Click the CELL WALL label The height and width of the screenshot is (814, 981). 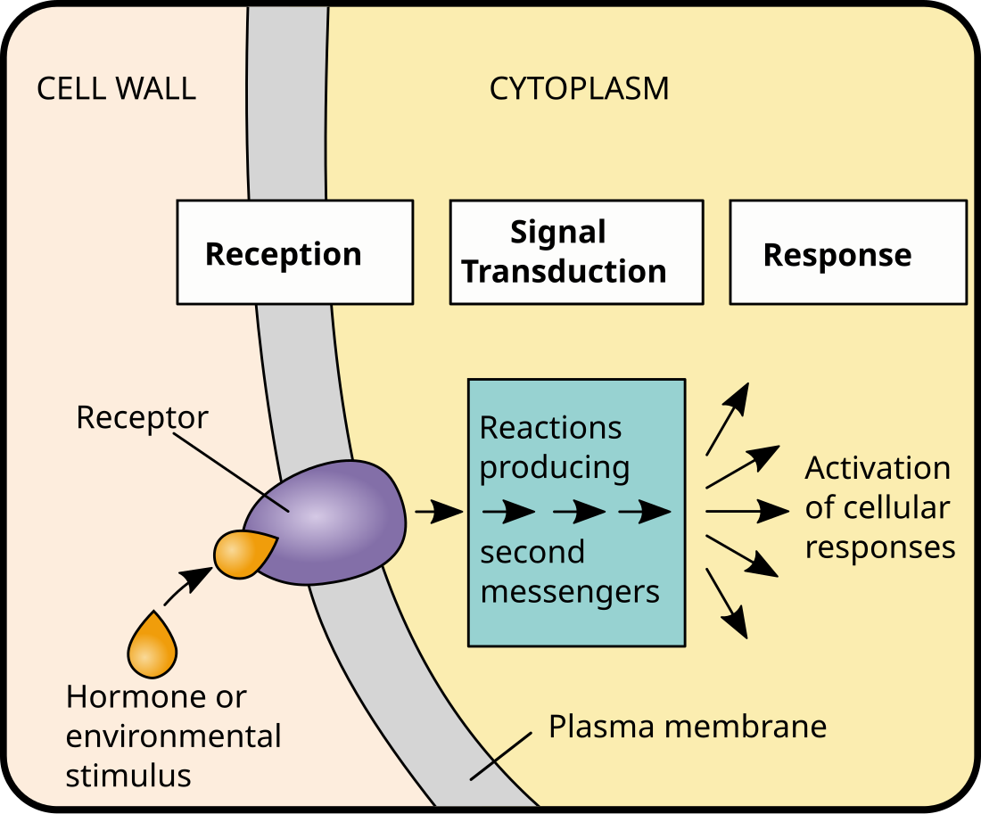pyautogui.click(x=116, y=89)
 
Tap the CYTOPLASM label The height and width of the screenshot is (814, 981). pyautogui.click(x=579, y=89)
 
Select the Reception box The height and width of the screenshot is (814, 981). pyautogui.click(x=294, y=252)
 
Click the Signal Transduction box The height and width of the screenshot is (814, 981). pyautogui.click(x=576, y=252)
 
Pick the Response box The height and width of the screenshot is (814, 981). pyautogui.click(x=847, y=252)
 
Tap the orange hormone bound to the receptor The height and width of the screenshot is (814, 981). pyautogui.click(x=242, y=553)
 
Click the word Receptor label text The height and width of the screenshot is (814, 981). pyautogui.click(x=142, y=417)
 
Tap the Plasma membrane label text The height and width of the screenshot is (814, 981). pyautogui.click(x=687, y=727)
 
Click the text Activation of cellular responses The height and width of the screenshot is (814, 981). pyautogui.click(x=878, y=507)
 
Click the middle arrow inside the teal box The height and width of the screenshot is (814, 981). pyautogui.click(x=578, y=513)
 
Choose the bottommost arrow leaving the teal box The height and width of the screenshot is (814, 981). pyautogui.click(x=727, y=604)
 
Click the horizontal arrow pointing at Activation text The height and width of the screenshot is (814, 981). pyautogui.click(x=746, y=512)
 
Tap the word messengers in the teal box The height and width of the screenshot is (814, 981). pyautogui.click(x=570, y=591)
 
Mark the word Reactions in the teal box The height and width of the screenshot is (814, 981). pyautogui.click(x=550, y=428)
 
